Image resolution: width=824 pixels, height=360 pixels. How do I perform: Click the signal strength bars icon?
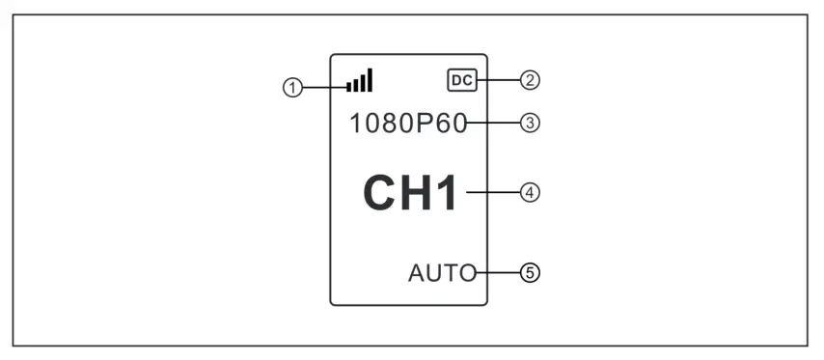(361, 81)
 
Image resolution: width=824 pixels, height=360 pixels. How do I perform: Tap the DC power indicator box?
(462, 81)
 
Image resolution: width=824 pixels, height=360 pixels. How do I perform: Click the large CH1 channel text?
(412, 193)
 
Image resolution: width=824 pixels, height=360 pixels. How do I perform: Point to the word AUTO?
(442, 273)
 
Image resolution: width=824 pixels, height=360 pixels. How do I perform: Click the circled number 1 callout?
(289, 88)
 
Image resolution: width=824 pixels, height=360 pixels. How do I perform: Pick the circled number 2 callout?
(529, 81)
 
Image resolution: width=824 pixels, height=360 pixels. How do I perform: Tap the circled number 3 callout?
(529, 124)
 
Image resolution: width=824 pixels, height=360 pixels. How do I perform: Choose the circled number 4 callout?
(529, 192)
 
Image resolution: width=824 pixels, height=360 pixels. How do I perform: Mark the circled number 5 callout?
(529, 273)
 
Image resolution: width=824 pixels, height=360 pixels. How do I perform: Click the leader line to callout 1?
(323, 88)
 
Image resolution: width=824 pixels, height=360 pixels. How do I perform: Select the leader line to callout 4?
(492, 192)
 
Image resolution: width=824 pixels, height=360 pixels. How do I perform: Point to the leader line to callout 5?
(498, 273)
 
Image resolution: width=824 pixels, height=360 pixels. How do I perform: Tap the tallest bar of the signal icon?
(370, 80)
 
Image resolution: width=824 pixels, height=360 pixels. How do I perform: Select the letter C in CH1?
(379, 193)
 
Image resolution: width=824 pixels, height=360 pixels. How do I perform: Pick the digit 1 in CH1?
(450, 193)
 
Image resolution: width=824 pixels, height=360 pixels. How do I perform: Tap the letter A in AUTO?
(415, 273)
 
